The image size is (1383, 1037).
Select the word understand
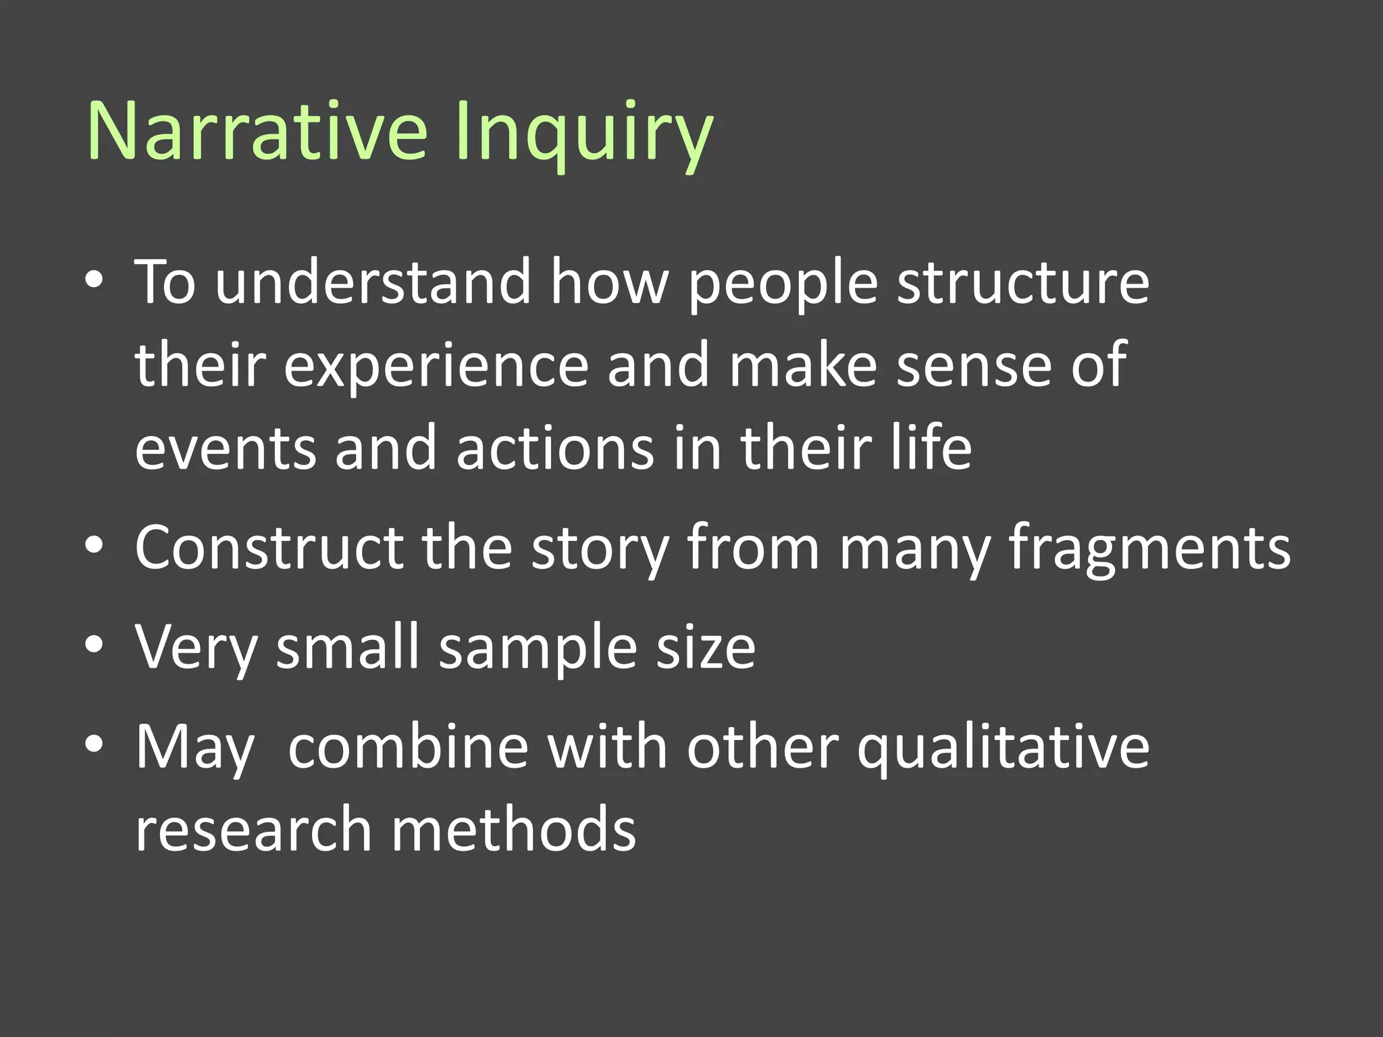click(x=373, y=282)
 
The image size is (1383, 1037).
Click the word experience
click(x=436, y=367)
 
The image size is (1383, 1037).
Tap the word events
click(x=226, y=448)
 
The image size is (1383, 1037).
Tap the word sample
click(x=538, y=649)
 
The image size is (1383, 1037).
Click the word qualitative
click(x=1003, y=749)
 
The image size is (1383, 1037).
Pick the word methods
click(x=513, y=830)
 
